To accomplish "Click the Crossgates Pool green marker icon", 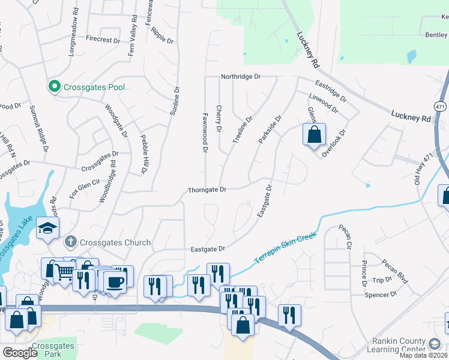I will [53, 87].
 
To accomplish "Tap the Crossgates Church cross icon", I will [71, 242].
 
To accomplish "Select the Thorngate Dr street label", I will [206, 190].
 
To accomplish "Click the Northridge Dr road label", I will [241, 77].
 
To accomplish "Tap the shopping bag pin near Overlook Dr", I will [314, 135].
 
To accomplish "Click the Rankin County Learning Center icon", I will [435, 344].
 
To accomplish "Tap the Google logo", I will [19, 353].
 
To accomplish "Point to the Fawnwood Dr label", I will [205, 132].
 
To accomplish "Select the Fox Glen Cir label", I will [83, 188].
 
